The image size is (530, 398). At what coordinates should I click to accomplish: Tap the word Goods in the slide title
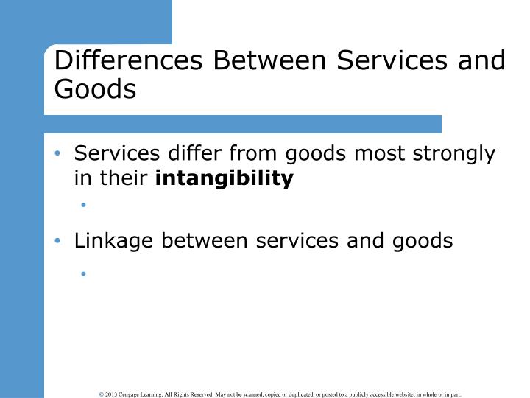click(x=95, y=88)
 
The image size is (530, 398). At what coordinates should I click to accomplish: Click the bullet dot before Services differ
click(x=60, y=155)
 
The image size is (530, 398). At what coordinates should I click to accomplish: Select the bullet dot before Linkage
click(x=60, y=241)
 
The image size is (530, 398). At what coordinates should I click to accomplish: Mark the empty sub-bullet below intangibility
click(x=85, y=206)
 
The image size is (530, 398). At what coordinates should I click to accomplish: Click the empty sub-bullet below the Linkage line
click(x=85, y=273)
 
